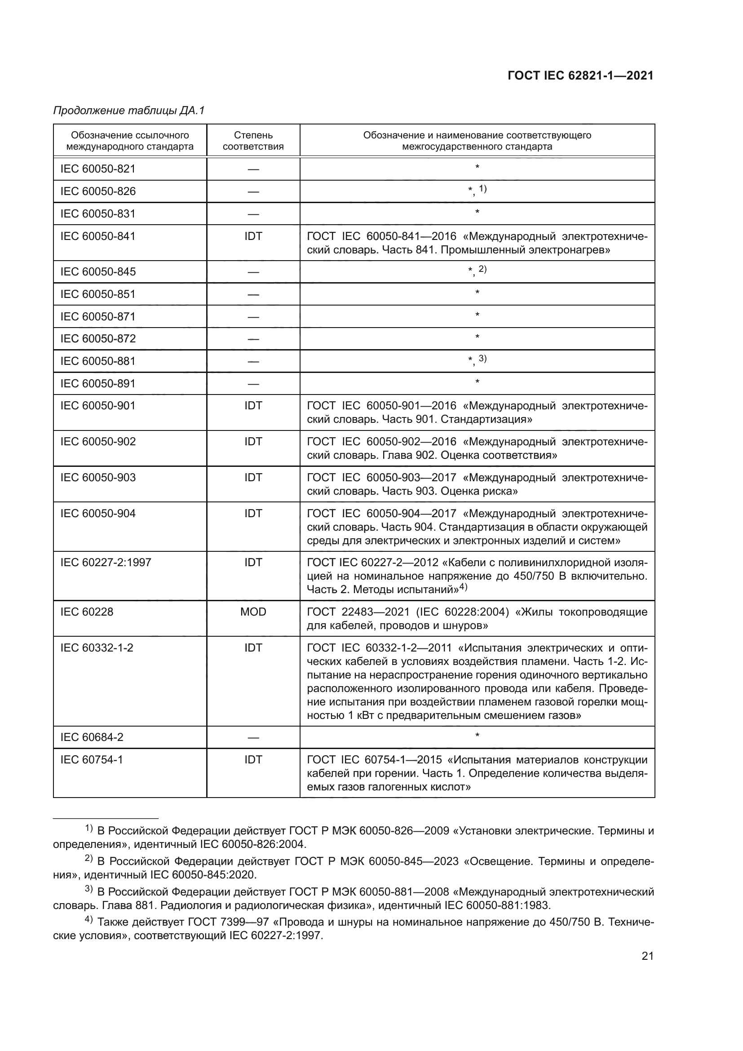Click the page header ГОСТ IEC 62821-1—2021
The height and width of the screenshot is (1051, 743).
click(x=580, y=76)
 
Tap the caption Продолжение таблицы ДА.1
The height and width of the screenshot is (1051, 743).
click(x=129, y=111)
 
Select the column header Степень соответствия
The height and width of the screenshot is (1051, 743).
click(x=253, y=141)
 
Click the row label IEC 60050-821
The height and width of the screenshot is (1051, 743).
click(x=98, y=169)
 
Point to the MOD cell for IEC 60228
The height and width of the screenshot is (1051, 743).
click(x=253, y=612)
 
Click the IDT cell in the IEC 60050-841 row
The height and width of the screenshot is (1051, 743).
click(x=253, y=236)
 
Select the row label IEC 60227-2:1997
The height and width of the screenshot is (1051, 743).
click(x=106, y=563)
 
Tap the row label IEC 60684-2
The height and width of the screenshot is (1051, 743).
click(x=92, y=737)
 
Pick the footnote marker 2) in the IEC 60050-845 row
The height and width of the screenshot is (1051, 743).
click(x=482, y=269)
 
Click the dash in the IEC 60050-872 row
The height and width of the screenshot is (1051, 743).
click(x=253, y=339)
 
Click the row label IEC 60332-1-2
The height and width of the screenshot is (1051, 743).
click(x=97, y=648)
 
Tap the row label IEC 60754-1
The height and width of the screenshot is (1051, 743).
click(x=92, y=760)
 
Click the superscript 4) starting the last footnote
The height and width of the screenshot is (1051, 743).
click(x=89, y=921)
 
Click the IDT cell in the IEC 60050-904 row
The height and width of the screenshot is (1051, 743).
click(x=253, y=514)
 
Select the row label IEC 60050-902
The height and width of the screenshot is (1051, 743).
click(x=98, y=442)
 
